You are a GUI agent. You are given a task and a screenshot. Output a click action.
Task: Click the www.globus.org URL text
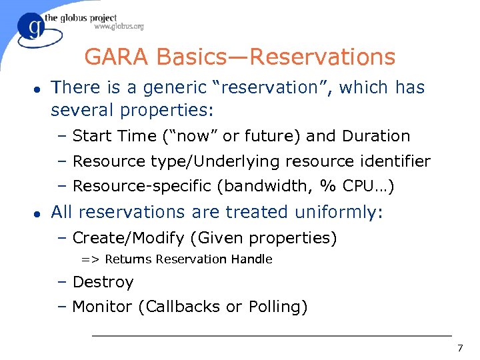pos(119,27)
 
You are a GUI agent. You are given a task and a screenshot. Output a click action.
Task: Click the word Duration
pos(376,136)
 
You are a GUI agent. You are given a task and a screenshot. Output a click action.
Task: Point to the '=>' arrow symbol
pos(91,259)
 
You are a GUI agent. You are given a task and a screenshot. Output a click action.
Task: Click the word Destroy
pos(103,282)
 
